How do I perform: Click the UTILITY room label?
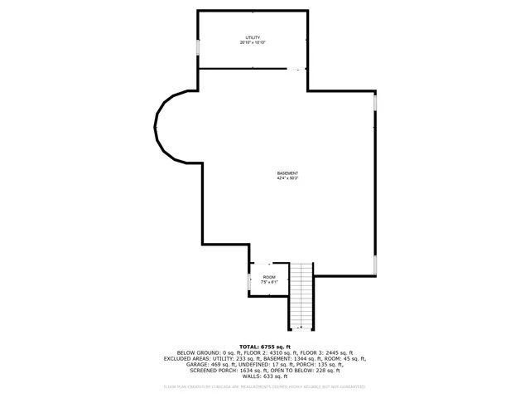coord(253,38)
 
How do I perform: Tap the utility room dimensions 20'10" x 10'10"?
coord(253,43)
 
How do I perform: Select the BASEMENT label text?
coord(287,172)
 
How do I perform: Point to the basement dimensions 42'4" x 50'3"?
coord(287,178)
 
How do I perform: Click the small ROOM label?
coord(269,277)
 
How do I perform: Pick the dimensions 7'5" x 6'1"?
coord(269,282)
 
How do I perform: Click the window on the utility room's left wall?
coord(197,47)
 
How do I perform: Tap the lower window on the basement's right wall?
coord(375,265)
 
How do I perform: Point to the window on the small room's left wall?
coord(249,283)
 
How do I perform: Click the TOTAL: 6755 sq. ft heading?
coord(265,347)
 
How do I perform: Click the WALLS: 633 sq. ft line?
coord(265,376)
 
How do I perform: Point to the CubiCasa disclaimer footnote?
coord(265,386)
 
